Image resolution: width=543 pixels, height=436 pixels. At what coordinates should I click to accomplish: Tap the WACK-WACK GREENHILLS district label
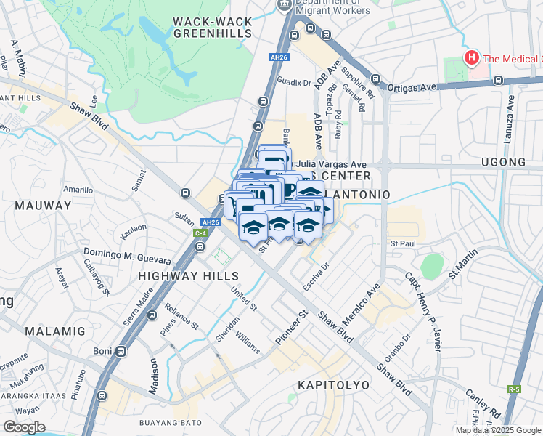(x=212, y=28)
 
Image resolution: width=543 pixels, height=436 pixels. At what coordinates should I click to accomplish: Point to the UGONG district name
(x=502, y=161)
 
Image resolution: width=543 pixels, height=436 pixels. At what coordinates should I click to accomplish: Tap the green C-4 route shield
(x=200, y=233)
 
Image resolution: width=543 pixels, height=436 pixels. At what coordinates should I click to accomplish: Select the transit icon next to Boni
(x=121, y=351)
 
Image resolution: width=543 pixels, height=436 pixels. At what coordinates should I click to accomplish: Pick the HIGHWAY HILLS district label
(x=188, y=276)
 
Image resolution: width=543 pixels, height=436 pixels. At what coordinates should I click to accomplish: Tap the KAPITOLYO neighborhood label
(x=333, y=384)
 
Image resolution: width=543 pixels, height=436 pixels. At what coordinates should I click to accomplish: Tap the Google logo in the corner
(x=24, y=427)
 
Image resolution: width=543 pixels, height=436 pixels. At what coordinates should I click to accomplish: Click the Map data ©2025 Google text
(x=497, y=430)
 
